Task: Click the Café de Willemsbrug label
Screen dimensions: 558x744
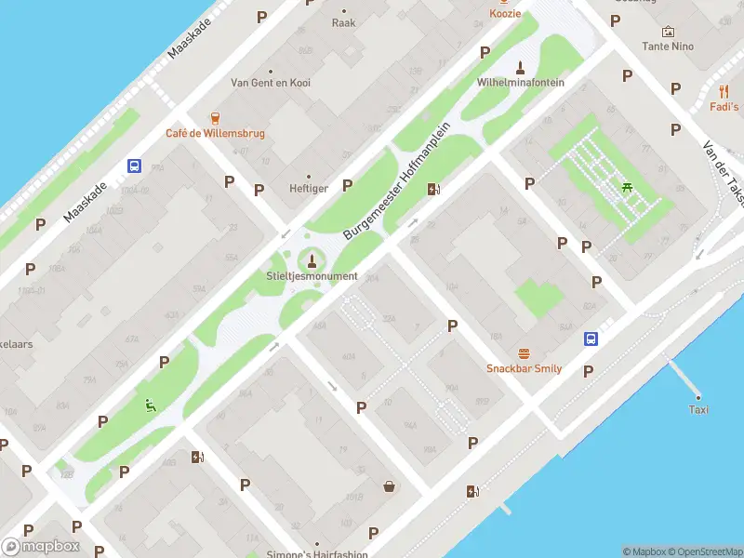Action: point(215,133)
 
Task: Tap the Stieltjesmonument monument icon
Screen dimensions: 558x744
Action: point(312,260)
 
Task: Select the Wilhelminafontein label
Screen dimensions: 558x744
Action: point(520,82)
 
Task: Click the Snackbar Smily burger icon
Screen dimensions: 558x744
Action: point(524,353)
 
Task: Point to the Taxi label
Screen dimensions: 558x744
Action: point(698,409)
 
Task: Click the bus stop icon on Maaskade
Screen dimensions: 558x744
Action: point(135,166)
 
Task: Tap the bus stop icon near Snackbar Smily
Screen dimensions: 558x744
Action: point(591,339)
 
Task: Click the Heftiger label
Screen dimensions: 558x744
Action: point(309,188)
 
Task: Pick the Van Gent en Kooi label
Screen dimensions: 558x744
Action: point(271,83)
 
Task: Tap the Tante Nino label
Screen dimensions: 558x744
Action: point(668,46)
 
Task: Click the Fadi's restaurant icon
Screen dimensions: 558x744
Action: point(724,91)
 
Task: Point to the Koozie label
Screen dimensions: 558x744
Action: point(505,13)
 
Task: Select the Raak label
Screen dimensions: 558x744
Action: point(344,22)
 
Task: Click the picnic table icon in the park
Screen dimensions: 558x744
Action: point(629,189)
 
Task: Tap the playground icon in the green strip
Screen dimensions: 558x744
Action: point(149,404)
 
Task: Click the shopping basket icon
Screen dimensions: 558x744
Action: point(389,485)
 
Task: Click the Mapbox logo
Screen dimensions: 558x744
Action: point(41,547)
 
